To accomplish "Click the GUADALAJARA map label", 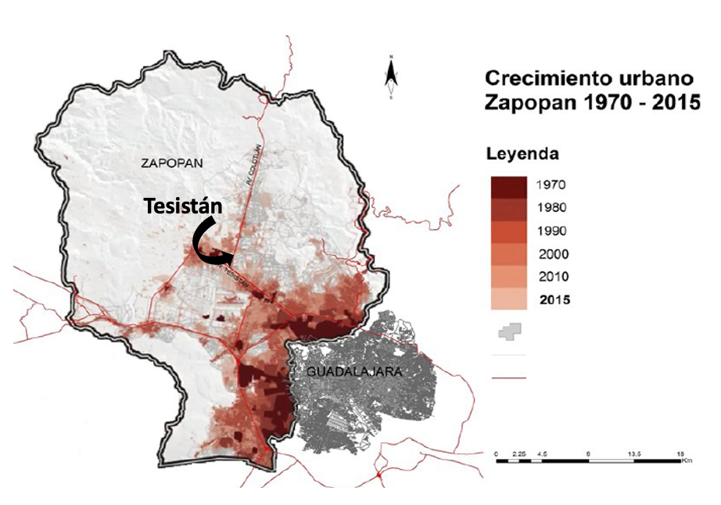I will click(345, 373).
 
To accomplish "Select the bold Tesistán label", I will click(183, 206).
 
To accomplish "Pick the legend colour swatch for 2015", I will click(508, 300).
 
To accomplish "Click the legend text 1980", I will click(552, 208).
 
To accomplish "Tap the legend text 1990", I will click(552, 231).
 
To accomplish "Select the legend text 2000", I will click(553, 254).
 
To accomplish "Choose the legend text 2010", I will click(553, 277).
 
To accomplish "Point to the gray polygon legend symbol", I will click(509, 331).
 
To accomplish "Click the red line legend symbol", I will click(509, 377).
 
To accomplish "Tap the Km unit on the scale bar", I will click(687, 461).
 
